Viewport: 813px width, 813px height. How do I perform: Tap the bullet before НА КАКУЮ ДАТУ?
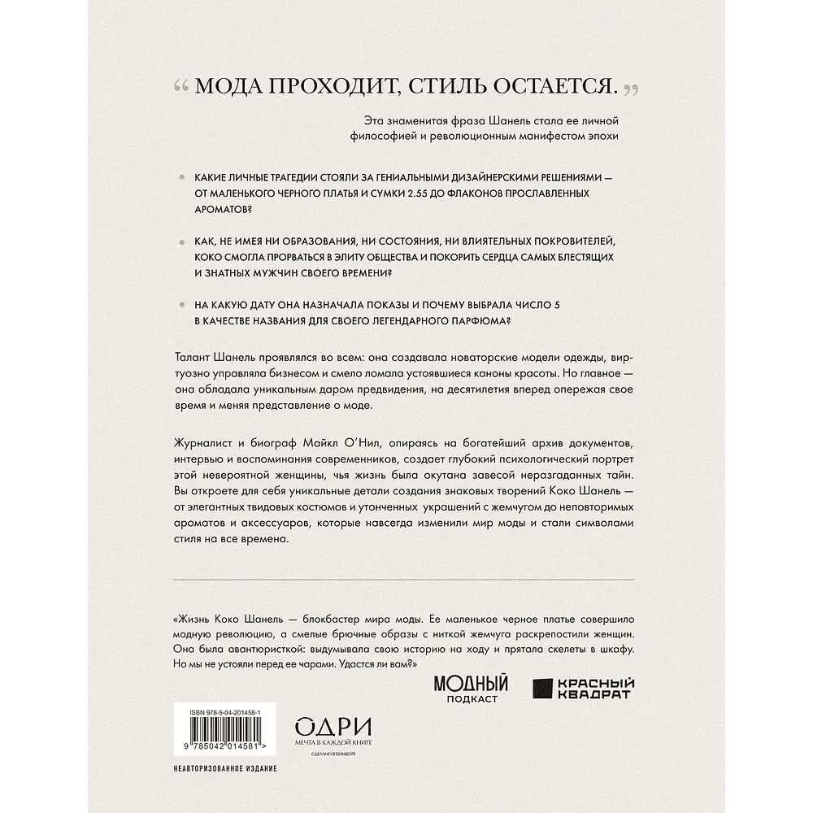point(179,304)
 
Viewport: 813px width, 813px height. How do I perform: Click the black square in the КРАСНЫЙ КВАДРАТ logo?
point(544,689)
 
